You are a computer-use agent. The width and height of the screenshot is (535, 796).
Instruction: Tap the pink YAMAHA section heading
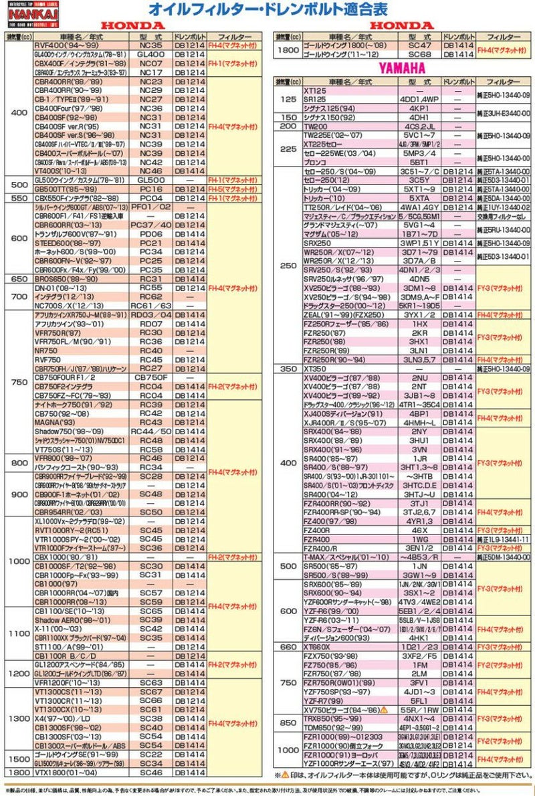pyautogui.click(x=403, y=68)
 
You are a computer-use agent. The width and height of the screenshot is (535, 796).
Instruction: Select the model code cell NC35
pyautogui.click(x=151, y=45)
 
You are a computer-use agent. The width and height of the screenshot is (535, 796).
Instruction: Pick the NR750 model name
pyautogui.click(x=45, y=350)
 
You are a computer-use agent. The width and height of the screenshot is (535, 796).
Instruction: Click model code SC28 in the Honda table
pyautogui.click(x=151, y=476)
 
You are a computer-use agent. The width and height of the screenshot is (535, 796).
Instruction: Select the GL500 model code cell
pyautogui.click(x=151, y=180)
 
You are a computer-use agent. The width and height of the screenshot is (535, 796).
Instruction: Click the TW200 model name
pyautogui.click(x=316, y=125)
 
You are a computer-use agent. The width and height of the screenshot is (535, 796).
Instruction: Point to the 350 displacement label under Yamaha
pyautogui.click(x=288, y=369)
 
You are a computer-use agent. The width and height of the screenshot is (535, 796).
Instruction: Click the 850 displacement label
pyautogui.click(x=288, y=722)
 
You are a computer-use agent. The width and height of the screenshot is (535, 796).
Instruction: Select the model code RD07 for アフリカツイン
pyautogui.click(x=151, y=323)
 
